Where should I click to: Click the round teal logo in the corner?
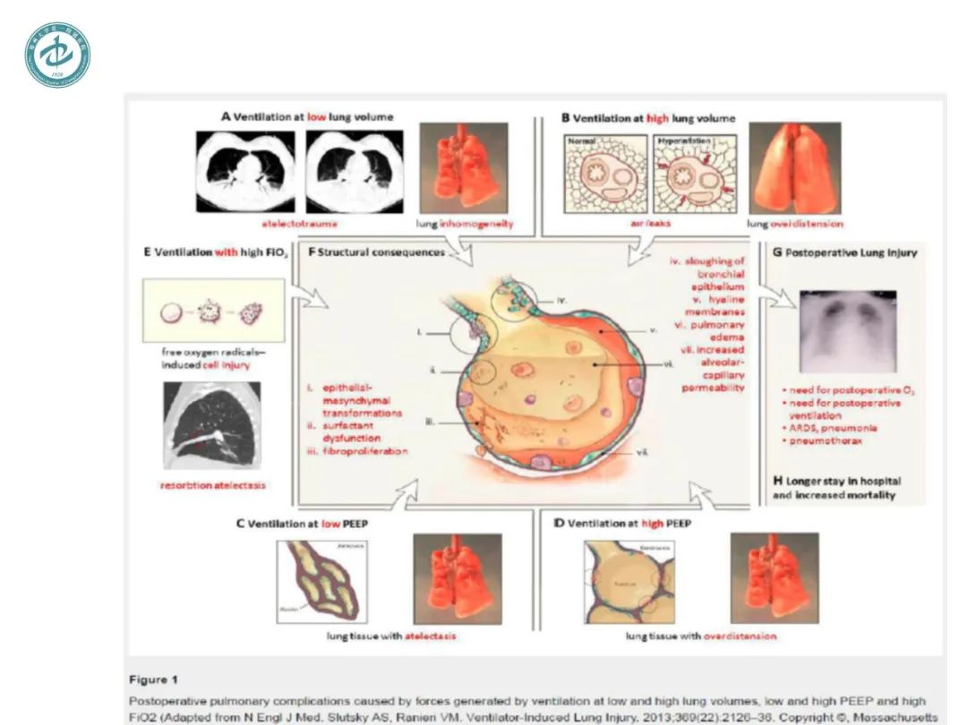(56, 55)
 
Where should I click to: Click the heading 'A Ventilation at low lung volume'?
(307, 117)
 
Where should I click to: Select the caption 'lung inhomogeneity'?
(465, 224)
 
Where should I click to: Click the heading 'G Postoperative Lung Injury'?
(844, 253)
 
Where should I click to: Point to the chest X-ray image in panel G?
(846, 331)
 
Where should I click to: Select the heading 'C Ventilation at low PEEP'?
(302, 522)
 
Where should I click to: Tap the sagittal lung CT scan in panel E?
(212, 424)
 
